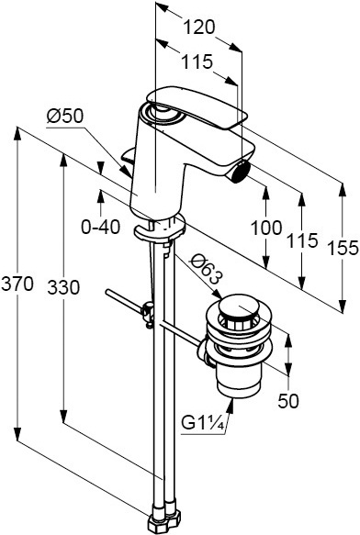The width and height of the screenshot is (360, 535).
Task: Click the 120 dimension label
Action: (199, 28)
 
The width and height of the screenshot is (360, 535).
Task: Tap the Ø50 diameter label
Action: (65, 117)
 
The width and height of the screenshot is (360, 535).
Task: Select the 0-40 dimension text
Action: (101, 227)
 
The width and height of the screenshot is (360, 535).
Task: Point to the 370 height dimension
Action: (17, 284)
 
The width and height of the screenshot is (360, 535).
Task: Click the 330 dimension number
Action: (63, 287)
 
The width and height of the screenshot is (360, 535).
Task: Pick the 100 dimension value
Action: (266, 228)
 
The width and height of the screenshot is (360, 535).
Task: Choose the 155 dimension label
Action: (343, 248)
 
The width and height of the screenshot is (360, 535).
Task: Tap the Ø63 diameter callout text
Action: (205, 270)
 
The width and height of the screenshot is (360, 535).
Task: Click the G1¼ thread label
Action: (203, 423)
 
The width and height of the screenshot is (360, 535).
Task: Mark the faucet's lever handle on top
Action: (197, 106)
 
